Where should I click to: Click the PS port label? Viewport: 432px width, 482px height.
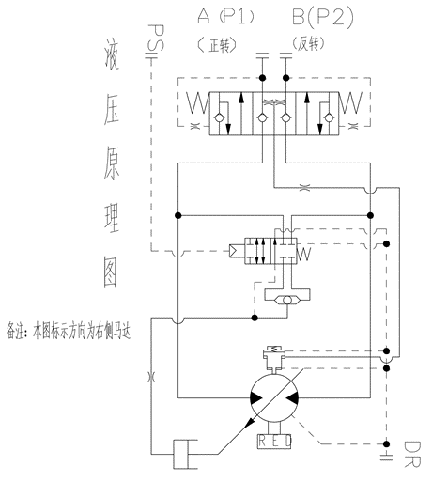156,38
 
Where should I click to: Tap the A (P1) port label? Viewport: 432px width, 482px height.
225,17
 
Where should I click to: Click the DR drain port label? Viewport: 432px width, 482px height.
412,454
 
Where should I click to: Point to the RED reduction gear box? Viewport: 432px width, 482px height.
274,442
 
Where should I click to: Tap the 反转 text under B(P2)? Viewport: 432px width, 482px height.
308,44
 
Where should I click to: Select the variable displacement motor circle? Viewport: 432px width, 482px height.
274,398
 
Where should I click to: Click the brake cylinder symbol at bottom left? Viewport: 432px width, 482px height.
185,454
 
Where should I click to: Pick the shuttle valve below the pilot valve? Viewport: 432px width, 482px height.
287,301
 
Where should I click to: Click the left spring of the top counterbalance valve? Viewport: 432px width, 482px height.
198,102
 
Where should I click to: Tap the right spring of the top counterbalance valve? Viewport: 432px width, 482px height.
350,102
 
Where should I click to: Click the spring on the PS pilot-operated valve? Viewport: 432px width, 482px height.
303,254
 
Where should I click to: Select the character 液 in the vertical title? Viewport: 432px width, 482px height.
112,54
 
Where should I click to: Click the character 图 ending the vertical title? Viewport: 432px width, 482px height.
111,272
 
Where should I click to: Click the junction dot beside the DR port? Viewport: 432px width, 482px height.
387,443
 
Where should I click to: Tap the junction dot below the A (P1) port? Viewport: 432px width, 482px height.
262,77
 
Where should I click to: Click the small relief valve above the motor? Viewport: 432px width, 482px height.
274,356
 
